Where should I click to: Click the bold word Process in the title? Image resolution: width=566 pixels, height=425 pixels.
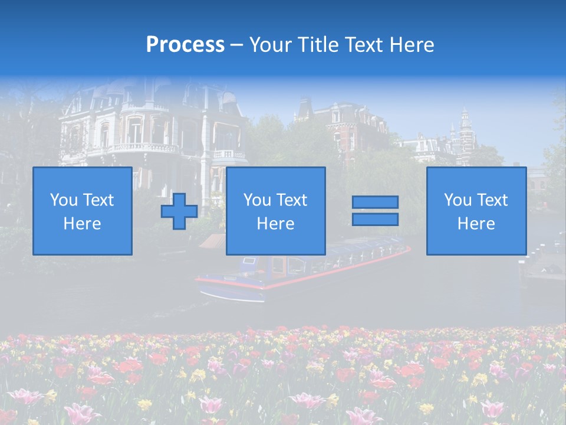click(185, 45)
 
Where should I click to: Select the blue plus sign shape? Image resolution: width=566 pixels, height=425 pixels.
click(179, 211)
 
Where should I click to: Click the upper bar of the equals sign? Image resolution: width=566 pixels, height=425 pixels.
click(375, 202)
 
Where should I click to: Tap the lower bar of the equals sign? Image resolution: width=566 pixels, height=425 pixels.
click(375, 219)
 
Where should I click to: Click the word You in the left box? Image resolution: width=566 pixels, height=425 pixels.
click(62, 200)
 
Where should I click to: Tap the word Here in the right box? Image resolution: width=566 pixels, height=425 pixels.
click(476, 224)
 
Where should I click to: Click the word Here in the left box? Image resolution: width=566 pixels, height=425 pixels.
click(82, 224)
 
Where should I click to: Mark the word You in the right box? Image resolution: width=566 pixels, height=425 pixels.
click(457, 200)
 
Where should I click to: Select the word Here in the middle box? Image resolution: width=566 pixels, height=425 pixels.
click(275, 224)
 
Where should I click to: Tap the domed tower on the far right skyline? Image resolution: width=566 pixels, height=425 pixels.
click(465, 127)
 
